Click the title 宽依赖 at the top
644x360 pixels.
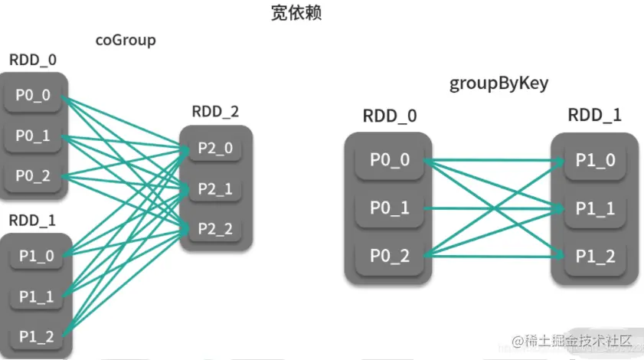click(x=296, y=13)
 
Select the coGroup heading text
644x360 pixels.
click(x=126, y=41)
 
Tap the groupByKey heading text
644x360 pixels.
click(x=499, y=83)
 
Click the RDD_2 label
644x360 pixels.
click(x=215, y=111)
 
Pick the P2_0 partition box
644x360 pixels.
click(x=215, y=148)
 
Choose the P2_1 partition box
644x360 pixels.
click(x=215, y=188)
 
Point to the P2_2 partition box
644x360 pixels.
click(x=215, y=229)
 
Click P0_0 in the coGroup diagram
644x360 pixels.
click(x=33, y=95)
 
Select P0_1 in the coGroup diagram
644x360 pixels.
click(x=33, y=136)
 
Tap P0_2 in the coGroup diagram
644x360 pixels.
click(x=33, y=176)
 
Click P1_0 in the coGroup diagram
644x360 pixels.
click(x=37, y=256)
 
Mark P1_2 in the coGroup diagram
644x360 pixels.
click(x=37, y=337)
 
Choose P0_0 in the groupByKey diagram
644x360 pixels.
click(x=390, y=160)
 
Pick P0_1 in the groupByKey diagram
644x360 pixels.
click(x=390, y=208)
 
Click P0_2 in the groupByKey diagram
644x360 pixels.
click(x=390, y=256)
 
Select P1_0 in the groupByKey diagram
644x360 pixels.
click(x=595, y=160)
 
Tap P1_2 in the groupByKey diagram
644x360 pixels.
click(x=595, y=257)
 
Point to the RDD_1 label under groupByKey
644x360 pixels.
click(x=595, y=115)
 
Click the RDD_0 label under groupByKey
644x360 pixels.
click(x=390, y=116)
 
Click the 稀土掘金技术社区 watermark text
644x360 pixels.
click(x=578, y=341)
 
